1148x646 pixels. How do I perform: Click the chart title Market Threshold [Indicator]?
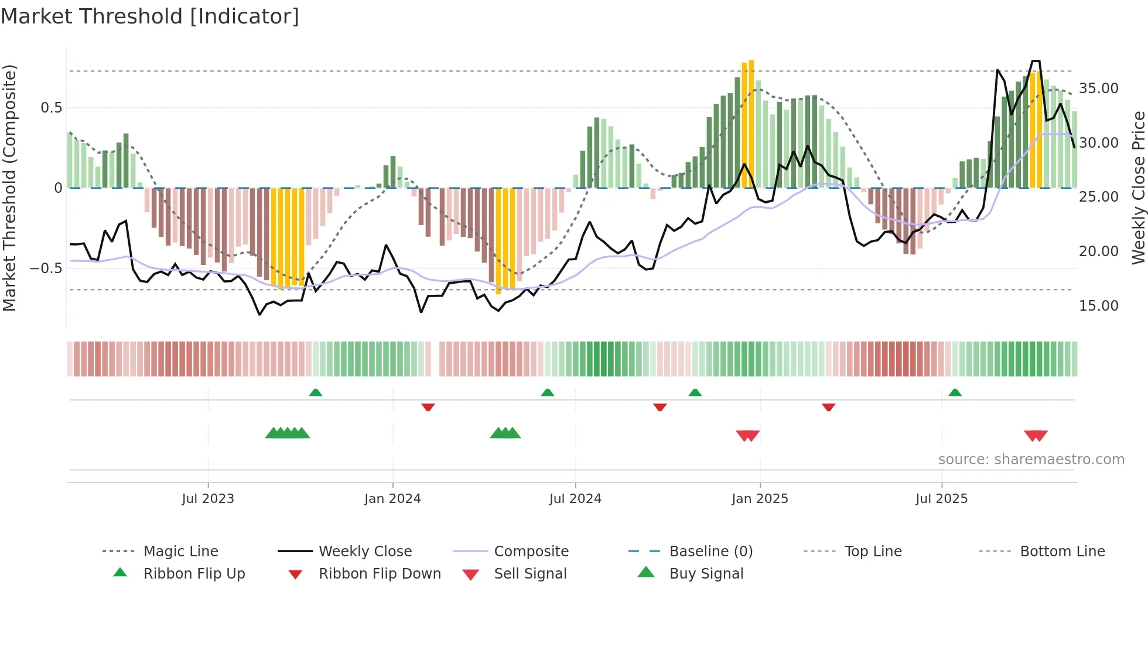150,16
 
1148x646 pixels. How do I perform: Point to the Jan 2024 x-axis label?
392,499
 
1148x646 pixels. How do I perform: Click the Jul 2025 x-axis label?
941,499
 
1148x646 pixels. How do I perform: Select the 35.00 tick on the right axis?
1098,89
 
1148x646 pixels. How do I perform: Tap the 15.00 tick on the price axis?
1098,305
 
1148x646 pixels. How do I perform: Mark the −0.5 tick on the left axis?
46,268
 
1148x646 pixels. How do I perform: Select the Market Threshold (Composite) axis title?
9,188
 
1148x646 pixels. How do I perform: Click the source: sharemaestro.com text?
1031,459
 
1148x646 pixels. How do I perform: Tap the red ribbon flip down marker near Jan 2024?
428,407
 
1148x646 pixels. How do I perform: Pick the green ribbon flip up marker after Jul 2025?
955,392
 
